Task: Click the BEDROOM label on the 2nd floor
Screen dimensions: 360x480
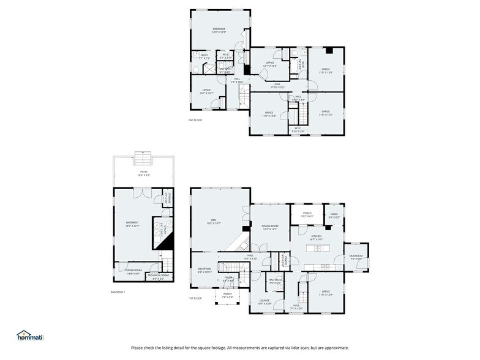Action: click(219, 29)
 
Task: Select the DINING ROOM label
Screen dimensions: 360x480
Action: click(270, 227)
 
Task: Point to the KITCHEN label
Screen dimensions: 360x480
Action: click(316, 235)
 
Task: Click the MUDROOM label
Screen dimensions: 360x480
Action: click(356, 256)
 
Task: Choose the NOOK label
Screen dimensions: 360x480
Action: click(334, 214)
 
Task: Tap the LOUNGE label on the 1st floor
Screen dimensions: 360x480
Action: click(264, 301)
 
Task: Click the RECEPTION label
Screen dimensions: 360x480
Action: click(204, 269)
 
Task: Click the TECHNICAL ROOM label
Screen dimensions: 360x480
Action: click(157, 276)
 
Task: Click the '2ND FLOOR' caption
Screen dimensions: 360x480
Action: click(195, 120)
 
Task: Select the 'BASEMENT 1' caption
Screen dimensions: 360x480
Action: click(118, 292)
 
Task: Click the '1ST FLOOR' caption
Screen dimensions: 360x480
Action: click(196, 298)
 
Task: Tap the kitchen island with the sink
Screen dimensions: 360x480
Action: click(318, 248)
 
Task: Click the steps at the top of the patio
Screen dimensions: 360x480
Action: click(144, 152)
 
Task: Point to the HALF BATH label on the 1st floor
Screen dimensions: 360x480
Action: click(275, 280)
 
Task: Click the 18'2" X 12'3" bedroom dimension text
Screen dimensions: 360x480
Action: click(219, 32)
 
